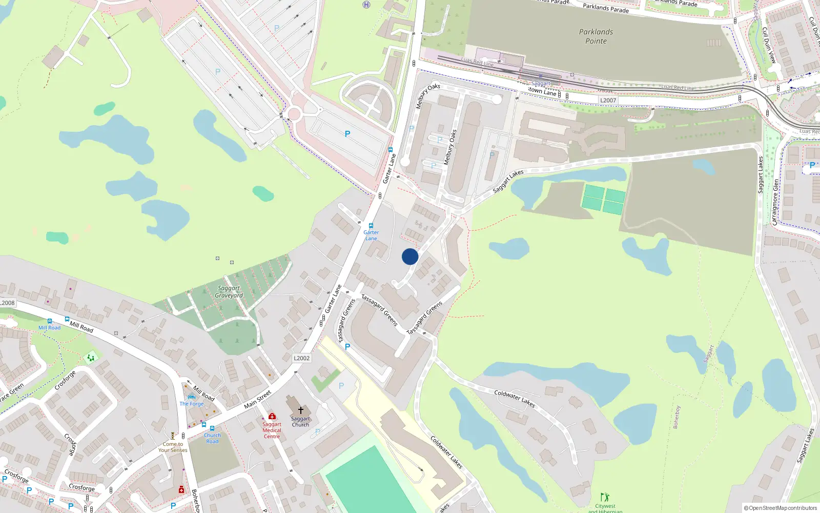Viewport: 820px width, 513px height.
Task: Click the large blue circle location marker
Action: pos(410,256)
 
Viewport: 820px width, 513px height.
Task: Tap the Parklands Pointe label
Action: pos(596,36)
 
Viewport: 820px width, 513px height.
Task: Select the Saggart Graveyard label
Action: pos(229,292)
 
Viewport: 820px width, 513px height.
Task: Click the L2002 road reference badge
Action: pos(302,358)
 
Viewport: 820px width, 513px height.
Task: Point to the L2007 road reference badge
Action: pos(608,101)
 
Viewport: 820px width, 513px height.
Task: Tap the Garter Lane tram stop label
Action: pos(371,235)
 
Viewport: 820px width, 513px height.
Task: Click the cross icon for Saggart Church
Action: pos(301,410)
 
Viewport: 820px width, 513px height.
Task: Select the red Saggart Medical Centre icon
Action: pos(272,416)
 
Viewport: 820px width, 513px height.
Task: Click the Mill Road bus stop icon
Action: pos(50,321)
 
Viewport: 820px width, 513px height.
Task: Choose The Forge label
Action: pos(192,404)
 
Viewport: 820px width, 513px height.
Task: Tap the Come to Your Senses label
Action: pos(173,447)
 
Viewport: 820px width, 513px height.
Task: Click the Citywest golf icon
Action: pos(605,497)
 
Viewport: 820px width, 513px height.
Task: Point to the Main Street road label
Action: pos(257,399)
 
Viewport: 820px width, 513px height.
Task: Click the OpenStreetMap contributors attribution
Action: pos(780,508)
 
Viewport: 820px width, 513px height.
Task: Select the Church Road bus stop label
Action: pos(212,438)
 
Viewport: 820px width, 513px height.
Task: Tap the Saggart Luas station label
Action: pos(541,84)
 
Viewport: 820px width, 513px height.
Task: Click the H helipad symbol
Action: pos(366,5)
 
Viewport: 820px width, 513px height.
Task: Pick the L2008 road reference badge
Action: pos(7,303)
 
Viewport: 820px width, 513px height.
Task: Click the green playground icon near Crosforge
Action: pos(91,358)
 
